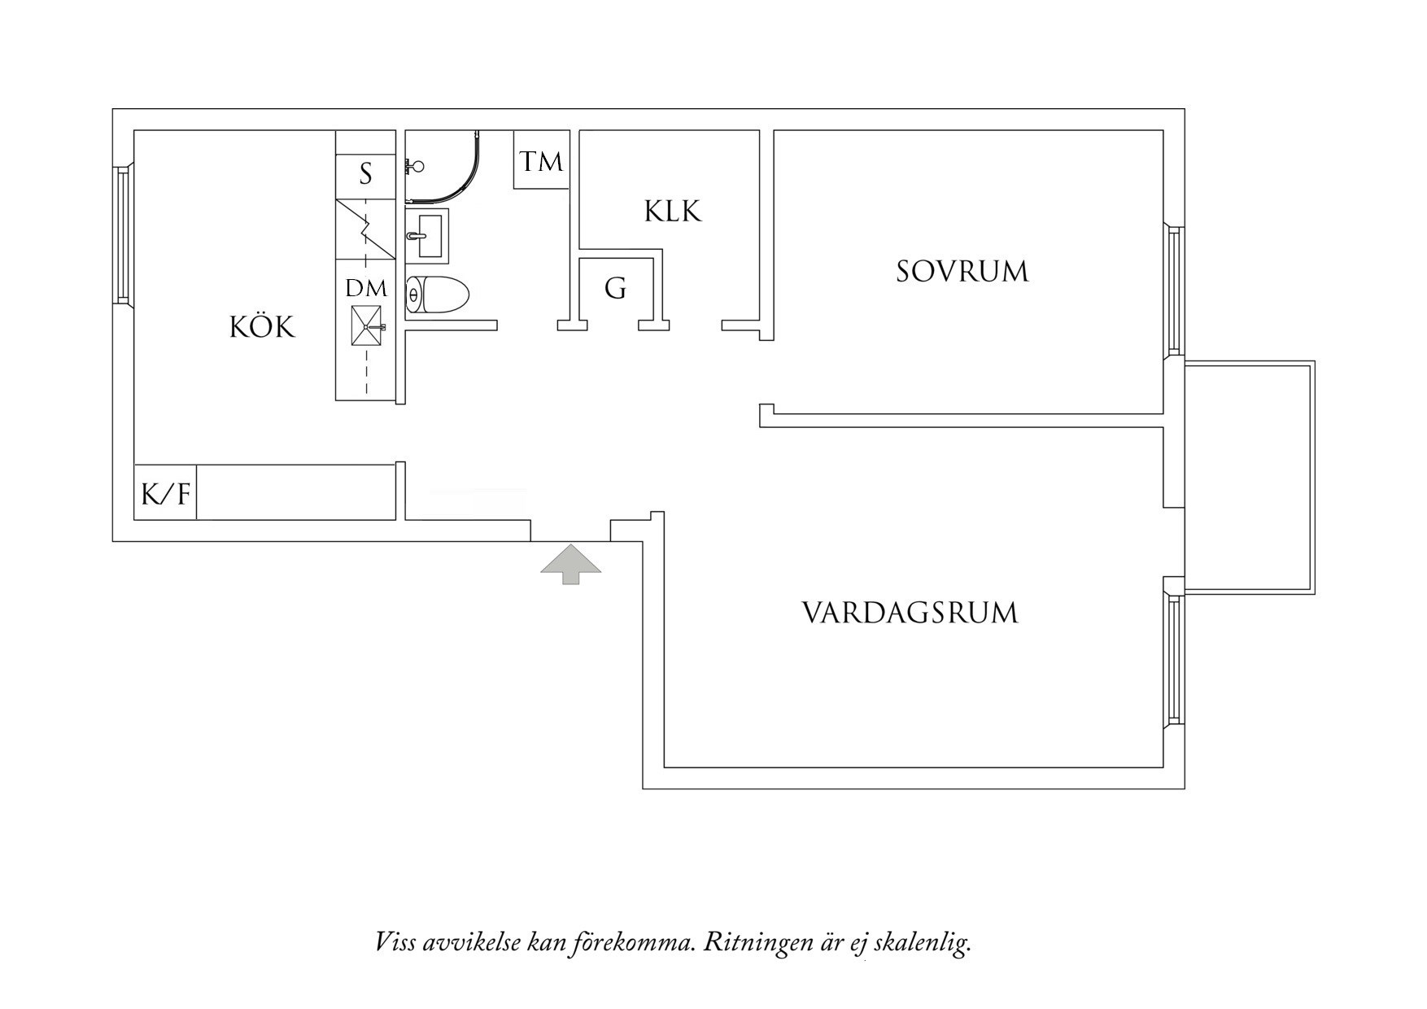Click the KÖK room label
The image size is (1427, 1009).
tap(261, 327)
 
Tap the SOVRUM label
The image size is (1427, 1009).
tap(962, 272)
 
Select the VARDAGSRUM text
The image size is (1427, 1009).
tap(910, 613)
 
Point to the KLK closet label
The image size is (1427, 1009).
tap(672, 212)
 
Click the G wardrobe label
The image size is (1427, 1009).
tap(615, 288)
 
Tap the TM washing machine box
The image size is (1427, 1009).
tap(541, 160)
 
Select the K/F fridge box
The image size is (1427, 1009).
tap(165, 493)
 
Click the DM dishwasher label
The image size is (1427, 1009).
tap(366, 289)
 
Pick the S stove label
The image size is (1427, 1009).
tap(365, 173)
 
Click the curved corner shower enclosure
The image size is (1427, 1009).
tap(443, 167)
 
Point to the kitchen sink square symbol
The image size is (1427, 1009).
tap(367, 325)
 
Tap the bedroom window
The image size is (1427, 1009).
tap(1173, 291)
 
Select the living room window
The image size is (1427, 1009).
tap(1173, 659)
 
